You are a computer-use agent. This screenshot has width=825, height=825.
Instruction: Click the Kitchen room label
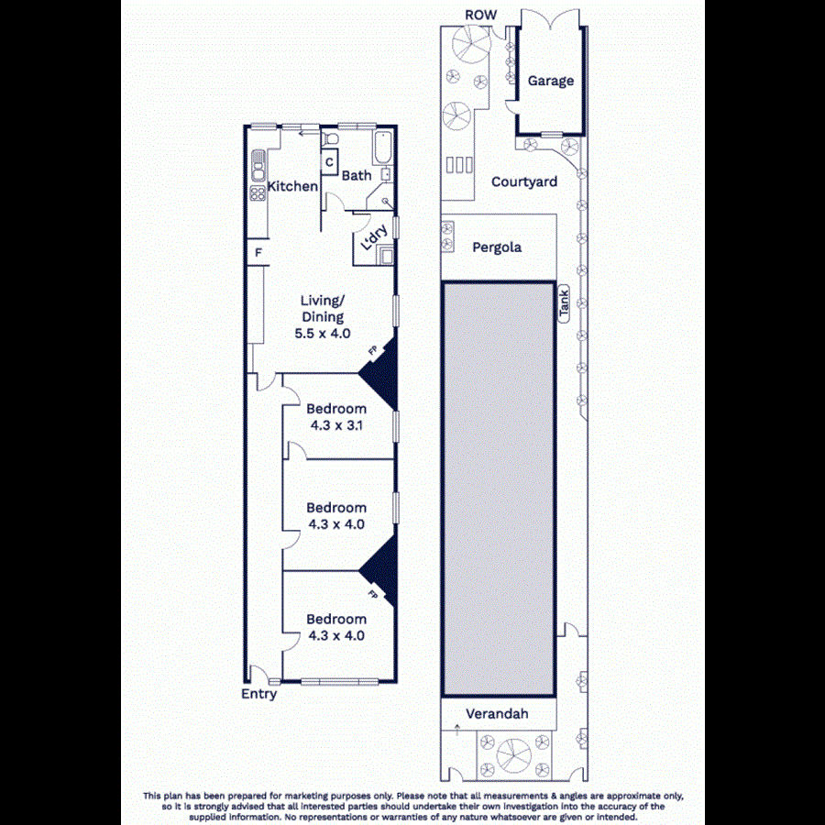point(292,187)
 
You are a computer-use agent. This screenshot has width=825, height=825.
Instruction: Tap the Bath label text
point(357,176)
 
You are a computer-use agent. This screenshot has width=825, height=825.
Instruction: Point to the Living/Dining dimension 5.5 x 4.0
point(322,334)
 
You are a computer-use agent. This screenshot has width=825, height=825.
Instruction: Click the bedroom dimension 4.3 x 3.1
point(335,424)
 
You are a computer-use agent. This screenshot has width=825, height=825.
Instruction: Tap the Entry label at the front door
point(258,694)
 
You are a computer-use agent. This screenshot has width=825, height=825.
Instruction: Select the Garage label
point(550,81)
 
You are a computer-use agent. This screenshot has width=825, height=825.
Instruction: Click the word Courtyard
point(523,181)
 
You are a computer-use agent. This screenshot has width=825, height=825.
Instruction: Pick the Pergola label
point(497,247)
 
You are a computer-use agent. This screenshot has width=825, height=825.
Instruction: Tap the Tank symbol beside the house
point(565,302)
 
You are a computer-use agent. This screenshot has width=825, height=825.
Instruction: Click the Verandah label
point(498,714)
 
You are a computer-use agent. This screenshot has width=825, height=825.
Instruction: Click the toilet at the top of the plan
point(330,137)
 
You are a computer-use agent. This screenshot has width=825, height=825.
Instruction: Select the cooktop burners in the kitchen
point(256,192)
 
